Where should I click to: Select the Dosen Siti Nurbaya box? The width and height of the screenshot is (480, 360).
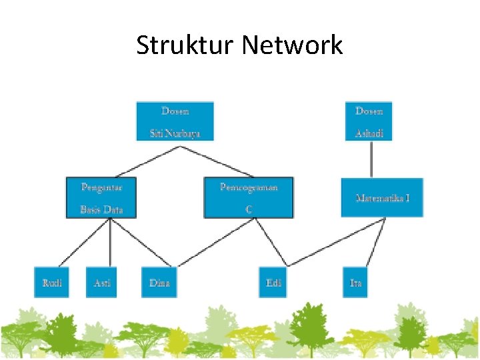coord(175,121)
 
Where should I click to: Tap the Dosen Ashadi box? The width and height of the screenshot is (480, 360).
coord(369,121)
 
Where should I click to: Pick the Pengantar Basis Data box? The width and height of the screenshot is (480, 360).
coord(102,197)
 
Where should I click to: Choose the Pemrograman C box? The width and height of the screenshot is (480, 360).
coord(248,197)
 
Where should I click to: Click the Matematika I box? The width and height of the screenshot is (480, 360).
coord(382,197)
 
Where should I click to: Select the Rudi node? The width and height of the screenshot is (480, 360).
coord(52,283)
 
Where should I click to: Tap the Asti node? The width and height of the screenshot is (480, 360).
coord(101,283)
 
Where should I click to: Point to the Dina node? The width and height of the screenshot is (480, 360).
coord(159,283)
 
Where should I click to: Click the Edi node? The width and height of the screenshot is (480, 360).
coord(274,283)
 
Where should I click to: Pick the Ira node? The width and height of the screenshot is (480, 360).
coord(355,283)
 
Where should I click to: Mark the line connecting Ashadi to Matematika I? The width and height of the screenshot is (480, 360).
coord(371,159)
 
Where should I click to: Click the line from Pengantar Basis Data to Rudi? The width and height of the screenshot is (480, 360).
coord(84,242)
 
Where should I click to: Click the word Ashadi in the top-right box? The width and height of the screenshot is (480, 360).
coord(369,133)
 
